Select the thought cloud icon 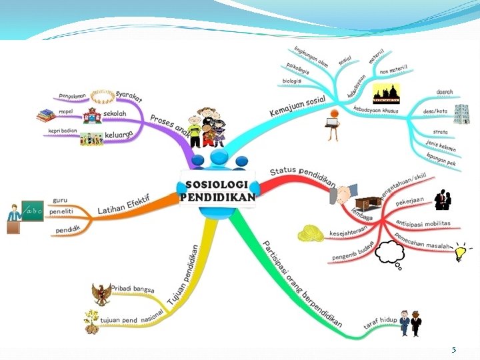391,253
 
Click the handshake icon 344,194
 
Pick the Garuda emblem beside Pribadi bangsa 101,294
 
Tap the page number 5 454,350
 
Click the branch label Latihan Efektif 123,205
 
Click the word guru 59,199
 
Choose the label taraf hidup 380,322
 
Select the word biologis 292,80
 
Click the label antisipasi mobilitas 423,223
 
